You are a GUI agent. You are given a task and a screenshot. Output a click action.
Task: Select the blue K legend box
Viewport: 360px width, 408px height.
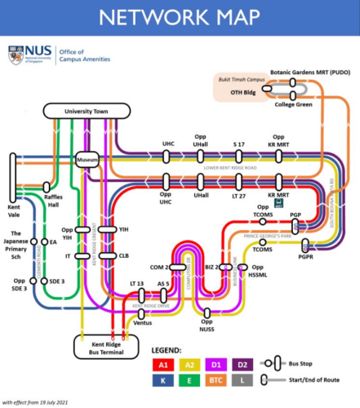[x=164, y=381]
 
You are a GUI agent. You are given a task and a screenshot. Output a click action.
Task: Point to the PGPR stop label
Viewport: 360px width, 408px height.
[x=306, y=255]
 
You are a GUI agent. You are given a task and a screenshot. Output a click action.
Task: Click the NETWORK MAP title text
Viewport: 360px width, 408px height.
[x=180, y=17]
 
